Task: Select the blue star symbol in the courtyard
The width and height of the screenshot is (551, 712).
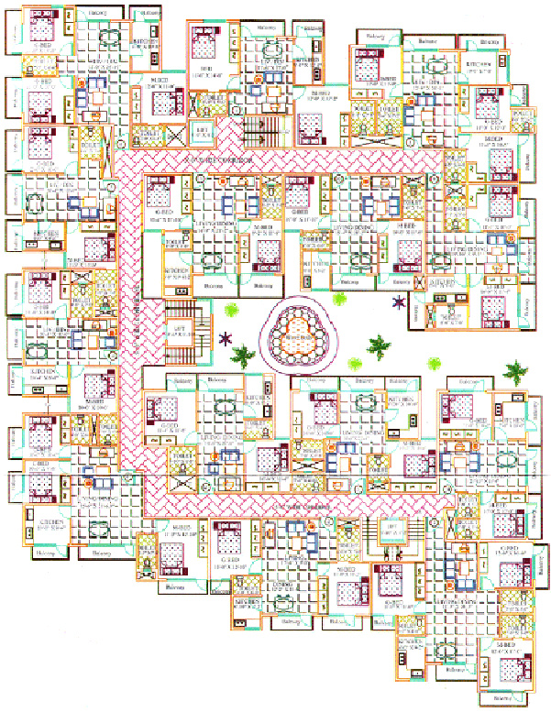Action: click(399, 301)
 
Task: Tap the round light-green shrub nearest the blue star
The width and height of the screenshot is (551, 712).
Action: click(340, 297)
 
